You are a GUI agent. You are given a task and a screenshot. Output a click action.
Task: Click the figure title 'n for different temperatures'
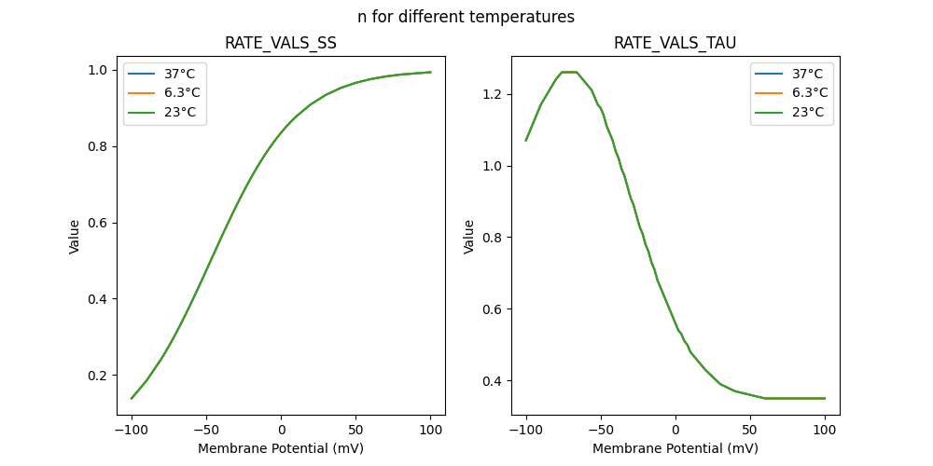466,17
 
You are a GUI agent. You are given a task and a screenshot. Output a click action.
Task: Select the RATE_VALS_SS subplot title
281,44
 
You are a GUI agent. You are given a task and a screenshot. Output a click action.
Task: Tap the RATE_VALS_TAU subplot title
675,44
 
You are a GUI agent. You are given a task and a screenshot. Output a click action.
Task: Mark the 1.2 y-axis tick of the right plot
494,94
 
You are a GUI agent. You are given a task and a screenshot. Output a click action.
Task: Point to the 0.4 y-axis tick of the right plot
494,381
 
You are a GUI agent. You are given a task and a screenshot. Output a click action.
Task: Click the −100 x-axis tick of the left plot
132,430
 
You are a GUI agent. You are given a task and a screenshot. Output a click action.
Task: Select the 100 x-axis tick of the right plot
825,430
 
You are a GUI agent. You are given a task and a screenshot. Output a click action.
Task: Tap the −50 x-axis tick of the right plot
601,430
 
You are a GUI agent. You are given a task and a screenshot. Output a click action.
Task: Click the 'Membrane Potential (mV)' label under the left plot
281,448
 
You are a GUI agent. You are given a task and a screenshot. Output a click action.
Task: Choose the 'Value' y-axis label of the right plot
469,236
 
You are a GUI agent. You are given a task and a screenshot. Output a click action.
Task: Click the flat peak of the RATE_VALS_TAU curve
569,72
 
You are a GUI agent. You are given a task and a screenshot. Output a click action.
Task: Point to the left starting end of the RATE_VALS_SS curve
132,398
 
